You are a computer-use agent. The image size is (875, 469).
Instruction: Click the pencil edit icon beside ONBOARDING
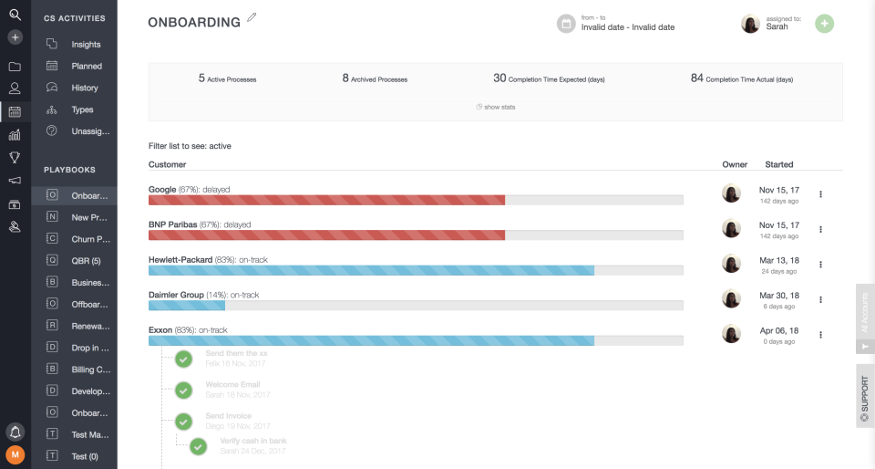pos(252,17)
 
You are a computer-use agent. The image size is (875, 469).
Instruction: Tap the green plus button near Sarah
pos(824,24)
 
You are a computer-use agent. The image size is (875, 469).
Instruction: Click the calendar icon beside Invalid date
pos(566,24)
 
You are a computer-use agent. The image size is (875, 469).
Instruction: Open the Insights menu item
pos(86,44)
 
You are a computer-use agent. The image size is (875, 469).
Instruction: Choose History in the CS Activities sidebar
pos(84,88)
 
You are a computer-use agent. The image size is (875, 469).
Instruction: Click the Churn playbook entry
pos(89,239)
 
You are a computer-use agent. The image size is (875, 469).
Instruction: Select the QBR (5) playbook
pos(86,260)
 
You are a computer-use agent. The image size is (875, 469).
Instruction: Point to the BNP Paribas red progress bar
pos(326,234)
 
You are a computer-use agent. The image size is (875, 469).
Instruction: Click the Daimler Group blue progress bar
pos(187,306)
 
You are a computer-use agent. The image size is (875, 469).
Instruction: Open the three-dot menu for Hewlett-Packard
pos(820,264)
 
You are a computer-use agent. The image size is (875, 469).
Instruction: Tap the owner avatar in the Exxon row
pos(731,334)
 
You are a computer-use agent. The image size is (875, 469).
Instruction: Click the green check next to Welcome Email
pos(184,391)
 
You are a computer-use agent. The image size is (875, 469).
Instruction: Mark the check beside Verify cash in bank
pos(199,447)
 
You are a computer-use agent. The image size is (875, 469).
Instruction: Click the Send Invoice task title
pos(229,416)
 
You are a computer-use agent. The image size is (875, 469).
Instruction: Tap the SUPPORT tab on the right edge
pos(864,395)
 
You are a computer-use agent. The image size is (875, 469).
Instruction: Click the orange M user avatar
pos(15,454)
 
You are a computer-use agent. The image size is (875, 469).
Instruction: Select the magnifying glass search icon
pos(15,14)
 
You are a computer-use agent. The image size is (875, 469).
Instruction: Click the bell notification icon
pos(15,431)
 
